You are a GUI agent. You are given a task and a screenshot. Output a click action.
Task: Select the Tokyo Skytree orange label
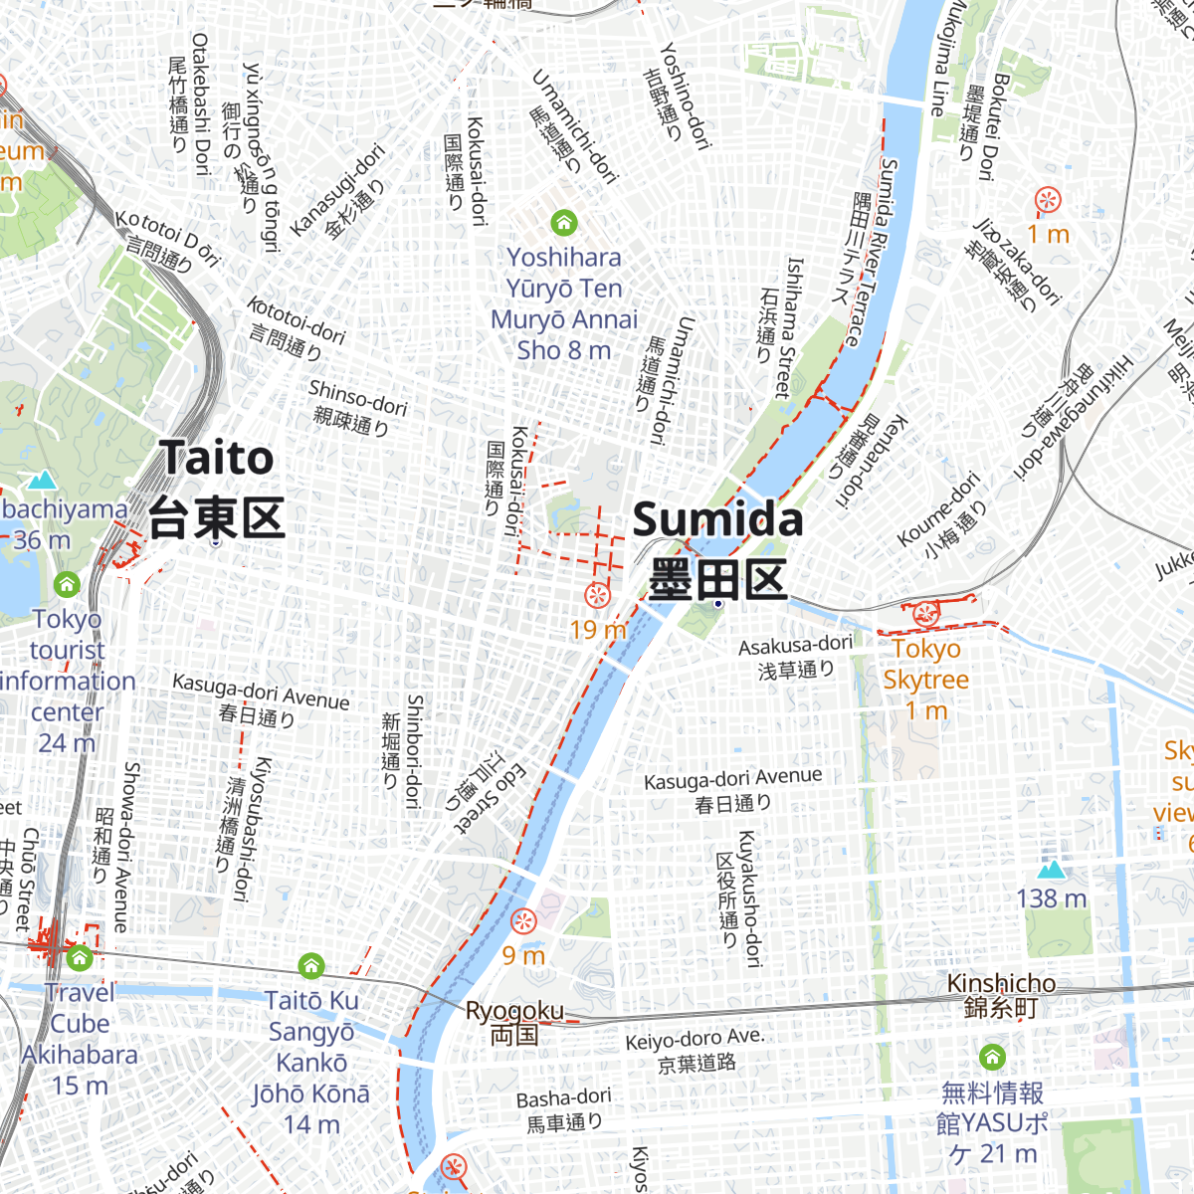click(x=925, y=665)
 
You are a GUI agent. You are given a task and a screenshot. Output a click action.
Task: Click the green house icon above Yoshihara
click(x=564, y=222)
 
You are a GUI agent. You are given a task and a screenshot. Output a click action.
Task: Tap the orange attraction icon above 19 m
click(x=597, y=595)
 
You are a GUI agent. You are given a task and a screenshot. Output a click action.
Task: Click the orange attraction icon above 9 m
click(x=523, y=921)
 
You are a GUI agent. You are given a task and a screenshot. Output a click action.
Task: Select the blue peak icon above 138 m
click(x=1051, y=870)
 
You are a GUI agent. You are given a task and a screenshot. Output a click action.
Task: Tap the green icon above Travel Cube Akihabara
click(x=80, y=958)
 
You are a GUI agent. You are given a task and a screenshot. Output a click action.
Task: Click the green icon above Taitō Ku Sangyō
click(x=311, y=965)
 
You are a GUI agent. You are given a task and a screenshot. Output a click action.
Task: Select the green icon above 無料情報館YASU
click(x=992, y=1057)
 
